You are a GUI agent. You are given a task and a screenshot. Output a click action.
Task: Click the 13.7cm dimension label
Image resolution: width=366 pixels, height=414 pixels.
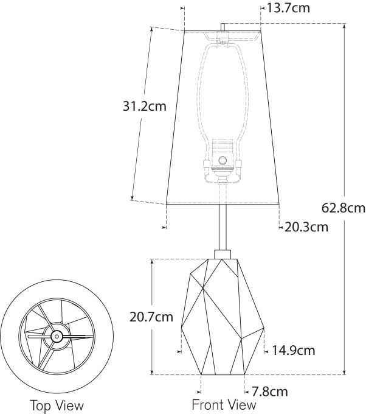[288, 8]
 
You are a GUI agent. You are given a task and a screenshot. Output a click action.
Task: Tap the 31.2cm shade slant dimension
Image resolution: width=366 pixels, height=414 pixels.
[145, 107]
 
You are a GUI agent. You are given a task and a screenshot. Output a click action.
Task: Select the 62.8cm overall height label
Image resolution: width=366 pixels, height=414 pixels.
[344, 208]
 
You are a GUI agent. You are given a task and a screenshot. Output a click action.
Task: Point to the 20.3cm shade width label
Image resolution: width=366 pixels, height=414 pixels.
[306, 227]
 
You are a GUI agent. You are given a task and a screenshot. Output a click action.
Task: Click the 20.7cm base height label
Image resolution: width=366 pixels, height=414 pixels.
[151, 317]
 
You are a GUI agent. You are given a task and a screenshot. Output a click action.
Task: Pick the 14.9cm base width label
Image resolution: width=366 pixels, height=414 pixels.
[293, 351]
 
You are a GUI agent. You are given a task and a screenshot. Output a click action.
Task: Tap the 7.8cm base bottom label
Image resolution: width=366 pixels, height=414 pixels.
[269, 391]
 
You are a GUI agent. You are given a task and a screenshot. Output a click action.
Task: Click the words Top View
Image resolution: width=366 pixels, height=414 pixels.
[57, 405]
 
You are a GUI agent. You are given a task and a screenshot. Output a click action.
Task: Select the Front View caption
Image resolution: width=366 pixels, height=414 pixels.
[224, 404]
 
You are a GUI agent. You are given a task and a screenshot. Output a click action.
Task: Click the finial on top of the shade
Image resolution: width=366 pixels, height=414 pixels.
[223, 27]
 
